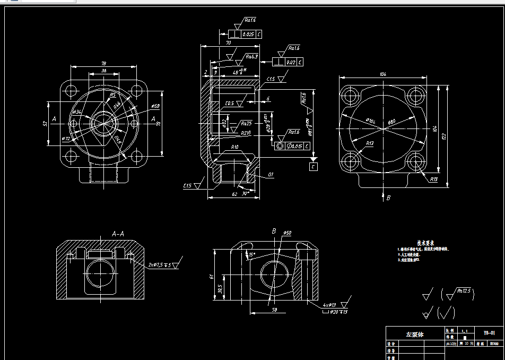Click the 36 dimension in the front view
tap(103, 71)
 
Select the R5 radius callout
tap(112, 95)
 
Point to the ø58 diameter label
tap(155, 107)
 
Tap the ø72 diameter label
tap(66, 139)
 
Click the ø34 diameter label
tap(76, 113)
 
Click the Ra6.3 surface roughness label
tap(251, 56)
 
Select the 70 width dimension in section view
tap(228, 42)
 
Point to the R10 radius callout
tap(234, 147)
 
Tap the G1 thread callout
tap(271, 175)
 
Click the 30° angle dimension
tap(245, 194)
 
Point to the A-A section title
tap(118, 233)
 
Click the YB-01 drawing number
tap(489, 333)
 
